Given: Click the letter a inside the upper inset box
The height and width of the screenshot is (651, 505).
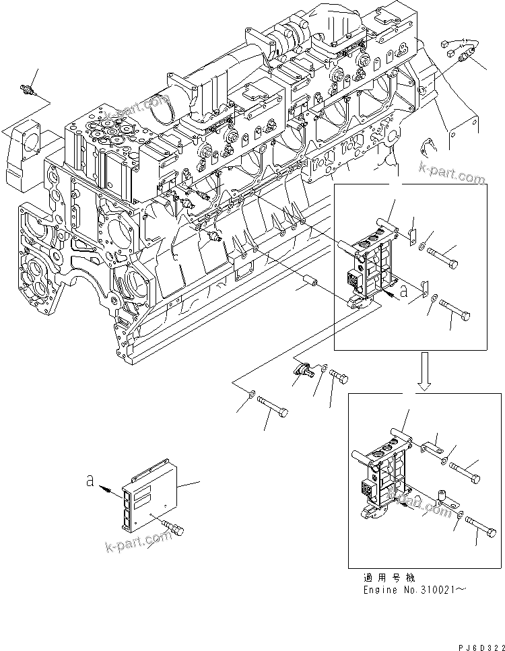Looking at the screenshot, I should pyautogui.click(x=403, y=292).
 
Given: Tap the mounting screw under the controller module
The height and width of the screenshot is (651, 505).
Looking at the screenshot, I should pyautogui.click(x=177, y=530).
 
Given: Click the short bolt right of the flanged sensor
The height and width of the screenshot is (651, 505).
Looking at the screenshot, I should pyautogui.click(x=339, y=378).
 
